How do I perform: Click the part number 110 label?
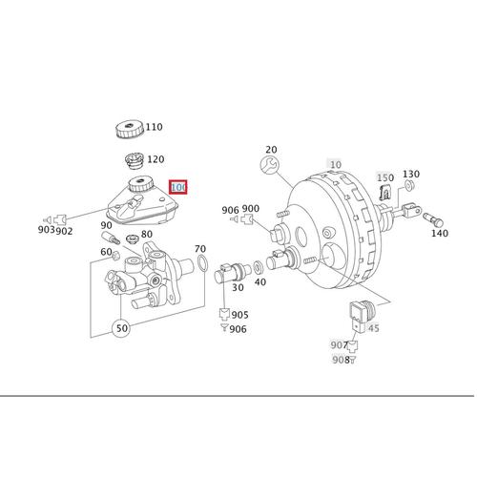click(x=155, y=127)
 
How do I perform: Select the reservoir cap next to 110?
click(x=129, y=130)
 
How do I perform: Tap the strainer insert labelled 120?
click(x=134, y=162)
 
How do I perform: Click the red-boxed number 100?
click(x=178, y=187)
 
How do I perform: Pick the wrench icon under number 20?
click(x=269, y=165)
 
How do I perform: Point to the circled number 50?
click(x=121, y=327)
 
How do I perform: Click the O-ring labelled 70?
click(x=202, y=263)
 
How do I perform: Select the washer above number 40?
click(x=258, y=267)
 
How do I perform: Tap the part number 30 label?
click(x=238, y=287)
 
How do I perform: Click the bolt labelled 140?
click(x=433, y=218)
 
